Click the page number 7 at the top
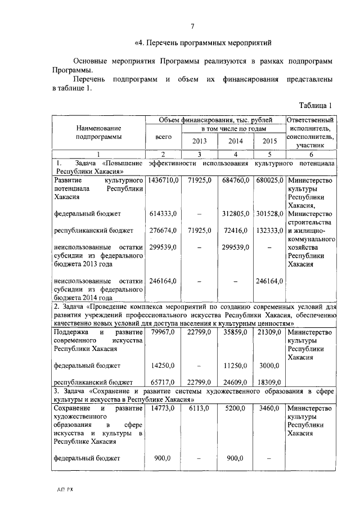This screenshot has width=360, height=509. point(192,26)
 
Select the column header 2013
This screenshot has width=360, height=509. point(200,141)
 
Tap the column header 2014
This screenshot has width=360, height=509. point(236,141)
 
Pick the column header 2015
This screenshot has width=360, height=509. point(270,141)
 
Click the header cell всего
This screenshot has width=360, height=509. point(163,136)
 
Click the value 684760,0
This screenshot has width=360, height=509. point(236,181)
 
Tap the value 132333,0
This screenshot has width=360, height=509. point(270,231)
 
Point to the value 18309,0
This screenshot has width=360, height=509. point(270,382)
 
